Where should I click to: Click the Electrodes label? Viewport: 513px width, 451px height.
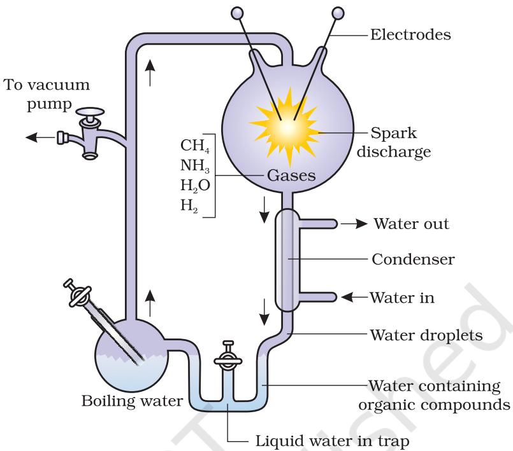pos(410,34)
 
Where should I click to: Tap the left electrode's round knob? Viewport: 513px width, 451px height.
pos(237,13)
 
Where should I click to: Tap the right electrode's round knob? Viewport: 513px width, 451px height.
pos(338,13)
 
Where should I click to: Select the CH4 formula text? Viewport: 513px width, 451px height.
pos(195,146)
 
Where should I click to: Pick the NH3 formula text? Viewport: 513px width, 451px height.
pos(195,166)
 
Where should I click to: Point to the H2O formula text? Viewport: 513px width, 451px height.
pos(195,186)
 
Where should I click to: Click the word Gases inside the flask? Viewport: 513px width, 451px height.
pos(291,176)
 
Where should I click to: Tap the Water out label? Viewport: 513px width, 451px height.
pos(412,224)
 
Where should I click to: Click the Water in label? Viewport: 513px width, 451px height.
pos(402,298)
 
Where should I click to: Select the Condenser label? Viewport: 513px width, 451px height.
pos(413,260)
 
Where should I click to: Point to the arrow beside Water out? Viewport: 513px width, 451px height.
pos(354,224)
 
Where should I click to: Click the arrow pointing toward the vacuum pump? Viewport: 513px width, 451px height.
pos(41,137)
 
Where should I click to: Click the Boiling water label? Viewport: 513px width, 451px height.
pos(132,401)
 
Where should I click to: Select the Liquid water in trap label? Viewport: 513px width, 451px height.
pos(332,441)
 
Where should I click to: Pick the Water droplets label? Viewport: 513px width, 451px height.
pos(426,335)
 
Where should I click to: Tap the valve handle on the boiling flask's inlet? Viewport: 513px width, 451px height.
pos(77,293)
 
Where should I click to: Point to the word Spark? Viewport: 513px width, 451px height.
pos(394,133)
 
